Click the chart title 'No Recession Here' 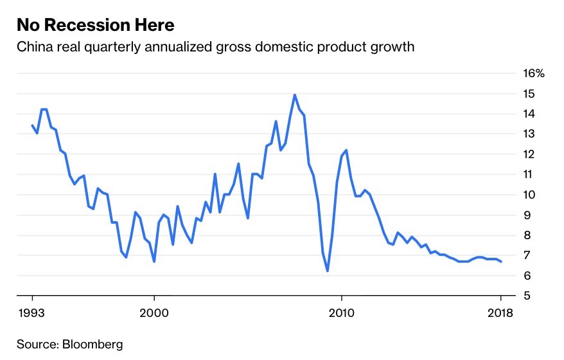(x=95, y=25)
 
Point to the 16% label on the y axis (x=534, y=73)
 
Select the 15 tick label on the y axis (x=529, y=94)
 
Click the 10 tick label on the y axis (x=529, y=195)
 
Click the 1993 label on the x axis (x=31, y=313)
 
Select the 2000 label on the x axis (x=154, y=313)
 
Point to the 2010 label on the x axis (x=341, y=313)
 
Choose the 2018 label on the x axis (x=500, y=313)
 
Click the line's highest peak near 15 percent (x=295, y=95)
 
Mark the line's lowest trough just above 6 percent (x=328, y=271)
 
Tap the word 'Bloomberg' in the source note (x=93, y=344)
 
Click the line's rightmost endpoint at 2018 (x=501, y=262)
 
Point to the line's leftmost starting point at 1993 (x=32, y=125)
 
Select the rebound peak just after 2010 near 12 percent (x=346, y=150)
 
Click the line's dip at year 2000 (x=154, y=262)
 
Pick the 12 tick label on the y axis (x=529, y=154)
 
